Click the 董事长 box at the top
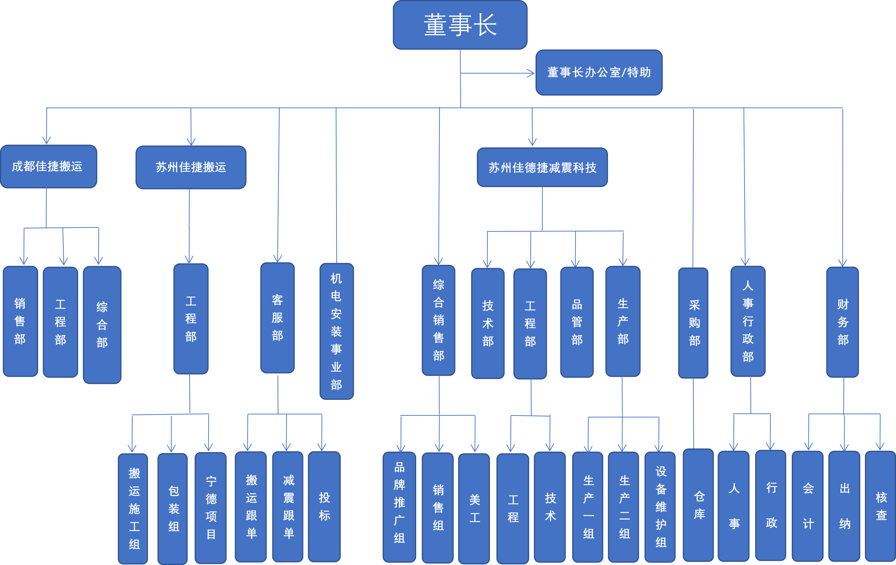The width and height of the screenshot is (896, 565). click(460, 25)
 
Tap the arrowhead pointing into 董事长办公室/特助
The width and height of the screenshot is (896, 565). click(531, 73)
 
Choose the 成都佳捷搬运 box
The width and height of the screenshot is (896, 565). click(48, 167)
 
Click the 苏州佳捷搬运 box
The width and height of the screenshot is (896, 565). click(191, 167)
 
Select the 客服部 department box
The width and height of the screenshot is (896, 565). click(278, 318)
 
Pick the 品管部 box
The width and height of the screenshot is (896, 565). click(577, 322)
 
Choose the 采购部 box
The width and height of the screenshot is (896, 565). click(693, 323)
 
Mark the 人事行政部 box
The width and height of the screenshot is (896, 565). click(748, 321)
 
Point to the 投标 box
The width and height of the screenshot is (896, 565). click(324, 507)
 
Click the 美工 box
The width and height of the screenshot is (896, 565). click(474, 508)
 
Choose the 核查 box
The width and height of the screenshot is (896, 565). click(881, 506)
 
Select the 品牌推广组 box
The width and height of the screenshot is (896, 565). click(399, 507)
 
